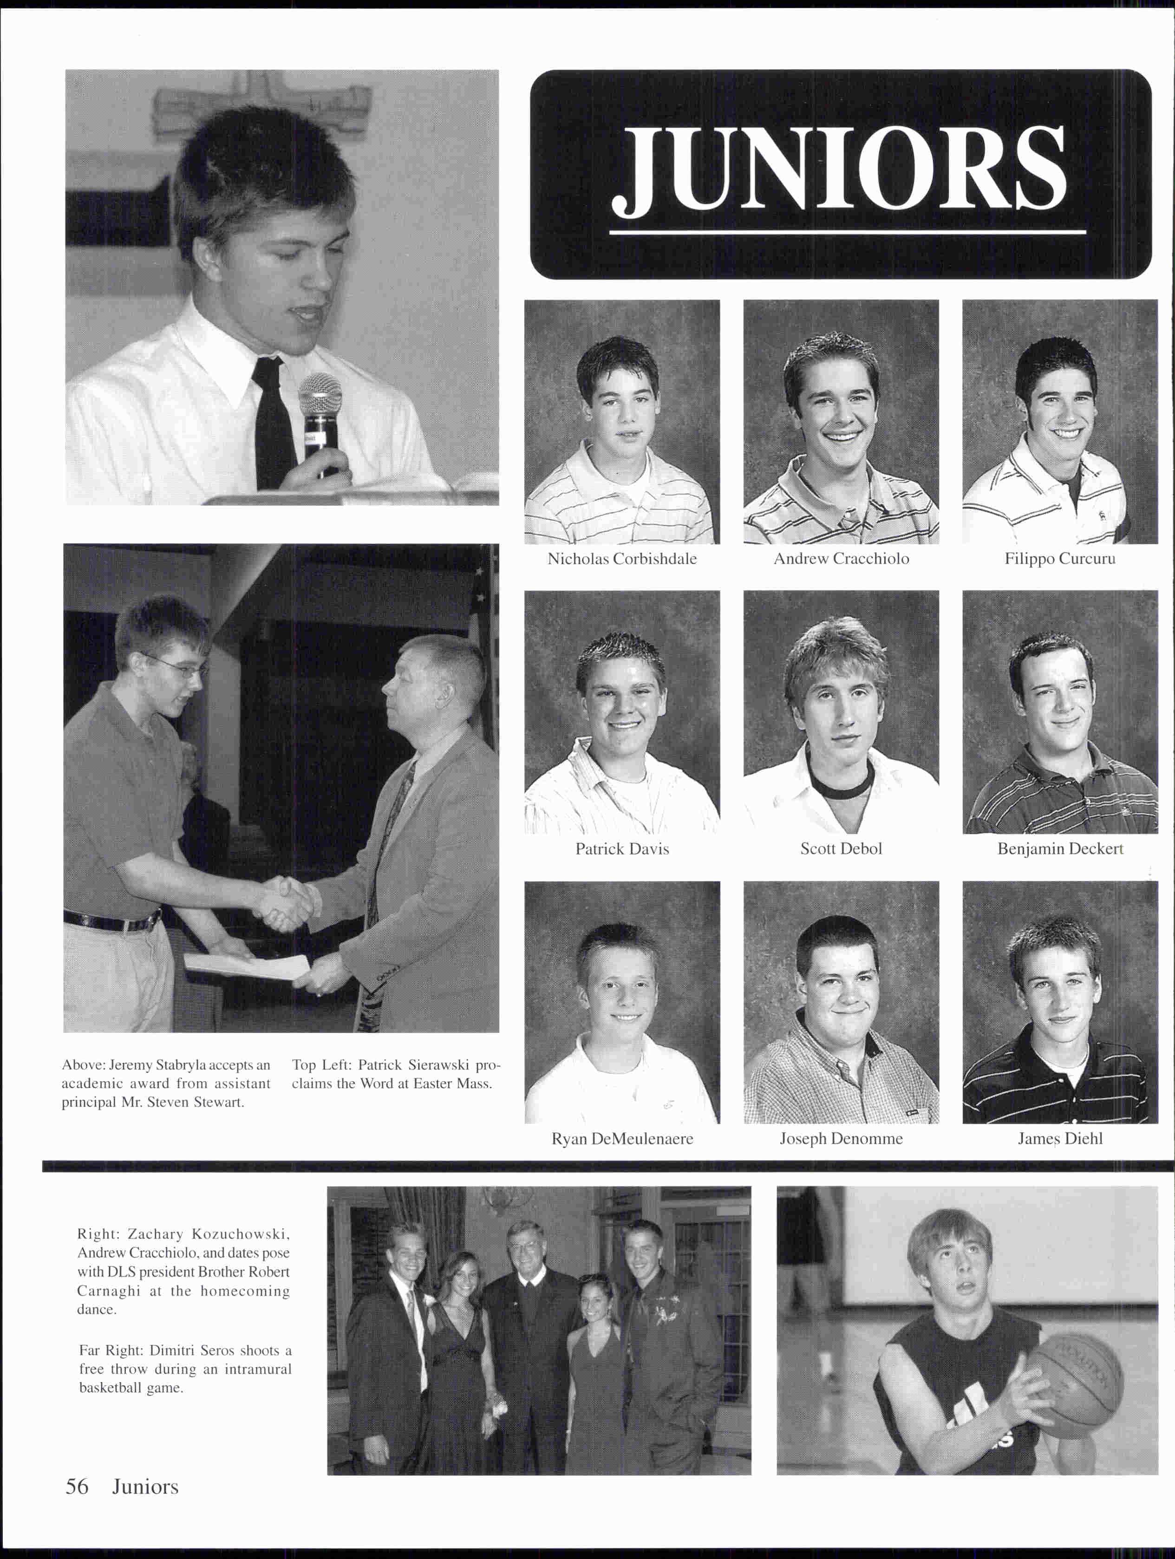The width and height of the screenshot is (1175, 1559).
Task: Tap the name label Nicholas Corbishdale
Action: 622,559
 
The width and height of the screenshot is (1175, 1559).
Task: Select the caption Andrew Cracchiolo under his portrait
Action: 841,559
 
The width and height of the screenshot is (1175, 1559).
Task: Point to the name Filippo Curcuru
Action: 1059,559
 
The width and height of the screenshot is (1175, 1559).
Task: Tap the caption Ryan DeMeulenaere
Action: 622,1138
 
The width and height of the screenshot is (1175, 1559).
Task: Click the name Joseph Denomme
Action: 841,1138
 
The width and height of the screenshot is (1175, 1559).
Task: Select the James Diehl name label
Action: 1059,1138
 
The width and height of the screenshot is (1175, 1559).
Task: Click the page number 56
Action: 77,1487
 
